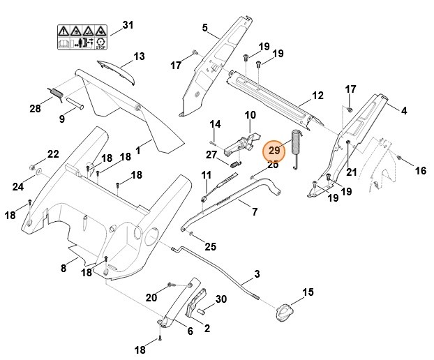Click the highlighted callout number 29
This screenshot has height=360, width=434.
click(274, 150)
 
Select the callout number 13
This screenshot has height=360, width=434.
click(139, 57)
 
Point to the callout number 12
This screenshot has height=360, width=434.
click(317, 95)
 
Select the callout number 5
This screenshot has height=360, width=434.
click(205, 27)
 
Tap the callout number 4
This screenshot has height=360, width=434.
click(403, 110)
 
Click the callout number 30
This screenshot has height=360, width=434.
click(221, 299)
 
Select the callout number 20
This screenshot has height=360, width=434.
click(151, 297)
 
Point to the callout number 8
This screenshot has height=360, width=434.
click(63, 267)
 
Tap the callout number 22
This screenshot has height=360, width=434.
click(53, 153)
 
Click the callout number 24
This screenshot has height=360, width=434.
click(17, 186)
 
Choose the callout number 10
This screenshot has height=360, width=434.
click(250, 114)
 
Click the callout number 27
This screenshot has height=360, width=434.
click(211, 154)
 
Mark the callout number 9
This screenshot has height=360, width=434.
click(61, 119)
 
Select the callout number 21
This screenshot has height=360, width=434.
click(351, 172)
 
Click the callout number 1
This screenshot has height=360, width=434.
click(138, 149)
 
